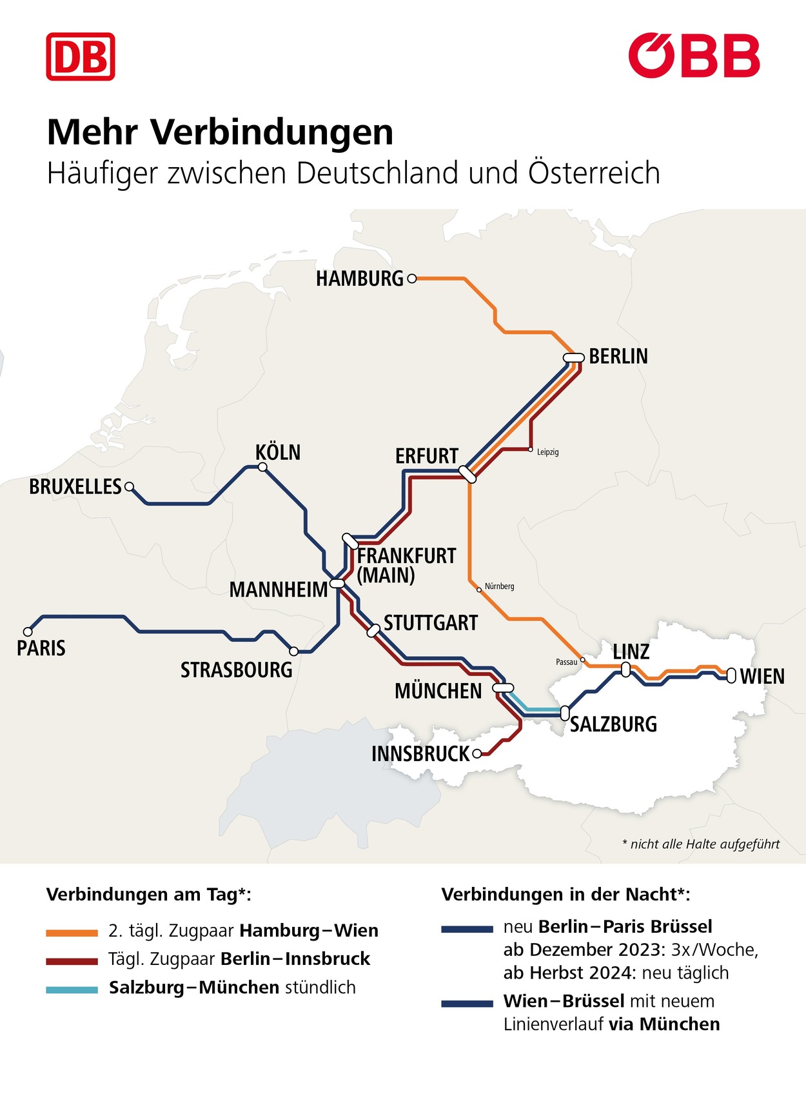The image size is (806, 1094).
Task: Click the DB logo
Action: click(x=81, y=57)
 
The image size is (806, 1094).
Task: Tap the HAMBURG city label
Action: click(x=359, y=279)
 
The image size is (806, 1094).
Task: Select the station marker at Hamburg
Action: click(x=412, y=279)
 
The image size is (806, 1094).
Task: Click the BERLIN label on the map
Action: click(x=618, y=356)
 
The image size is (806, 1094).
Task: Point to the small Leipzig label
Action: click(x=547, y=452)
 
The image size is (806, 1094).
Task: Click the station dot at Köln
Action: click(x=262, y=467)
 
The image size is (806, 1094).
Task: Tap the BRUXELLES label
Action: click(x=75, y=486)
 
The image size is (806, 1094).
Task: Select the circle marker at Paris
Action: click(x=28, y=632)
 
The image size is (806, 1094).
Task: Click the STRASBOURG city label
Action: click(x=236, y=670)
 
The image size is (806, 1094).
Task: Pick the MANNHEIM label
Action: click(x=278, y=590)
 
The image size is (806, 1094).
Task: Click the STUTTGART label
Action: click(x=430, y=623)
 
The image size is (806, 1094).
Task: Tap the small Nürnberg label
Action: click(x=499, y=586)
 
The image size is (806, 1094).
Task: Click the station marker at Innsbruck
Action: click(x=477, y=753)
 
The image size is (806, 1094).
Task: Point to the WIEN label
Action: click(x=762, y=677)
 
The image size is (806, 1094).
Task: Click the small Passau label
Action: click(x=566, y=662)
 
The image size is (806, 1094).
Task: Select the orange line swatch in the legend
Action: click(x=72, y=933)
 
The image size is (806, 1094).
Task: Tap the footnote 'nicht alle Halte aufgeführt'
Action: click(x=701, y=844)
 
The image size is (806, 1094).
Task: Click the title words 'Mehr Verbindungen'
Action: click(x=220, y=132)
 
